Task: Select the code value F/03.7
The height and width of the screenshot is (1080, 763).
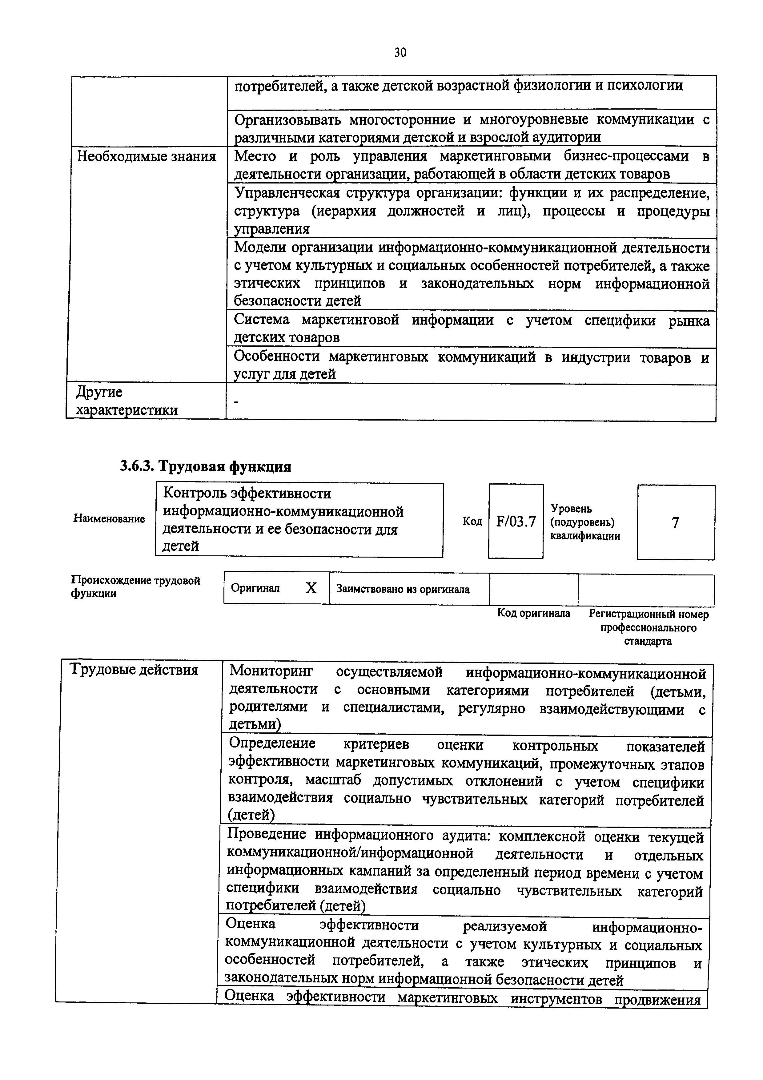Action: coord(516,522)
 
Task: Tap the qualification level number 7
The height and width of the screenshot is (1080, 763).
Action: coord(676,522)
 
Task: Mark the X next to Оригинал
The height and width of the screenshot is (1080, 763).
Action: coord(311,588)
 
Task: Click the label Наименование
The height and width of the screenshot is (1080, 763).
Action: coord(109,519)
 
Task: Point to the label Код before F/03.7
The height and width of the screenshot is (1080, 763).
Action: coord(472,521)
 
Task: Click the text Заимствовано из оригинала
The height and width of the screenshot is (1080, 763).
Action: coord(403,589)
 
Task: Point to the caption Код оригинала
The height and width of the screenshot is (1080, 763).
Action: coord(534,613)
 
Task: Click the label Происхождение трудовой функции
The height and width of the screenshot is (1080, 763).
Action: coord(135,586)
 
